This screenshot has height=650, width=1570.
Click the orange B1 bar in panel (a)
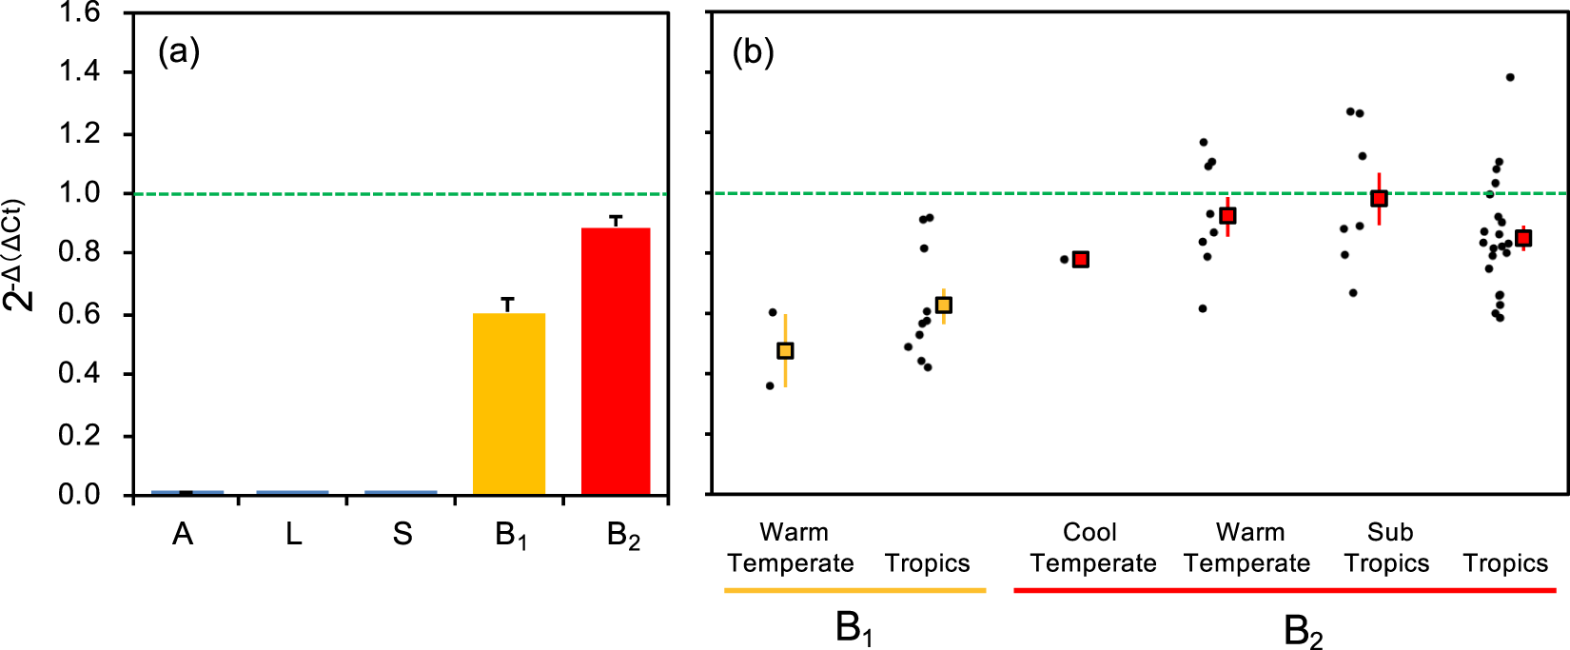click(509, 404)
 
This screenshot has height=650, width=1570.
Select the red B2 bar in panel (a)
click(616, 362)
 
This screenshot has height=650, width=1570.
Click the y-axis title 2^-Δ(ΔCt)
click(19, 255)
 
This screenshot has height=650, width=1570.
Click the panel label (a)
click(179, 51)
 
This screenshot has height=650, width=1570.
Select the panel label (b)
click(753, 51)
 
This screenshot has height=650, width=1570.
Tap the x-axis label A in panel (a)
click(183, 535)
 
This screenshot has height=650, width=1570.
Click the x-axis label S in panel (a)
click(402, 535)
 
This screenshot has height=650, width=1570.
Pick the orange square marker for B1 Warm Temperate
click(785, 351)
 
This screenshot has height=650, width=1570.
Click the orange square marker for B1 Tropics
click(943, 305)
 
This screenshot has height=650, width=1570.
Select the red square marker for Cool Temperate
click(1081, 260)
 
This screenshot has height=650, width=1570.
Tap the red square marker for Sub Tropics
click(1379, 199)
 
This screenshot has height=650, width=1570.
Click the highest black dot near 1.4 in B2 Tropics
click(1510, 78)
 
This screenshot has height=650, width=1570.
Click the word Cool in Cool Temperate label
click(1089, 532)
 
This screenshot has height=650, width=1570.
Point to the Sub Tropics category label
click(1387, 548)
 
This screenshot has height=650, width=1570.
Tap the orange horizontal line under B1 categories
click(854, 591)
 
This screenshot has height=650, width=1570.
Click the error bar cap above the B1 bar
click(508, 299)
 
